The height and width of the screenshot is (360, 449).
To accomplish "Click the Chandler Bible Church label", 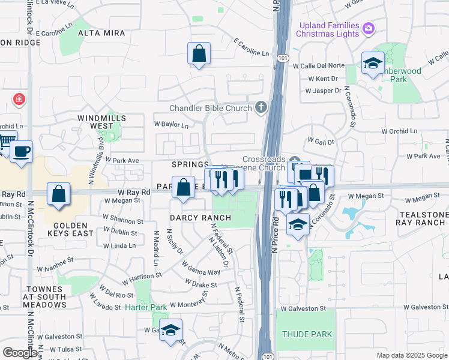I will [x=210, y=108].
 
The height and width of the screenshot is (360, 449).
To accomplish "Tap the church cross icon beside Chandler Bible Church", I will [x=261, y=107].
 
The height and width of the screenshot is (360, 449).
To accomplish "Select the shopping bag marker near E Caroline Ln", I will [x=199, y=54].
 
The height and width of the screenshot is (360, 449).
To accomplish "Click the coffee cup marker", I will [x=22, y=152].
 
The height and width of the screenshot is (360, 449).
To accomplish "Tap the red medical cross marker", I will [x=19, y=98].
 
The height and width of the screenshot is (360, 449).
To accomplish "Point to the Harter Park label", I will [x=146, y=307].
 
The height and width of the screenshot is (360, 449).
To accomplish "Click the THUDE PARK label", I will [x=306, y=334].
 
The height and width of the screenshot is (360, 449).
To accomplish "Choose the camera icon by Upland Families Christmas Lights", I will [x=369, y=28].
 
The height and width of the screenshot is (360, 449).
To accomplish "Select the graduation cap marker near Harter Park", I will [x=170, y=330].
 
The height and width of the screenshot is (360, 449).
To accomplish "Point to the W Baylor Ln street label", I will [x=171, y=125].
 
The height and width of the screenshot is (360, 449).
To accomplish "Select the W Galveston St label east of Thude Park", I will [x=426, y=307].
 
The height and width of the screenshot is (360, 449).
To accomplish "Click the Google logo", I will [x=19, y=353].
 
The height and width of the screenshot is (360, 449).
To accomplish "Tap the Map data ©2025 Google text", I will [x=411, y=355].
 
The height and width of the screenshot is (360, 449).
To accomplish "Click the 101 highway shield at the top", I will [x=283, y=58].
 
